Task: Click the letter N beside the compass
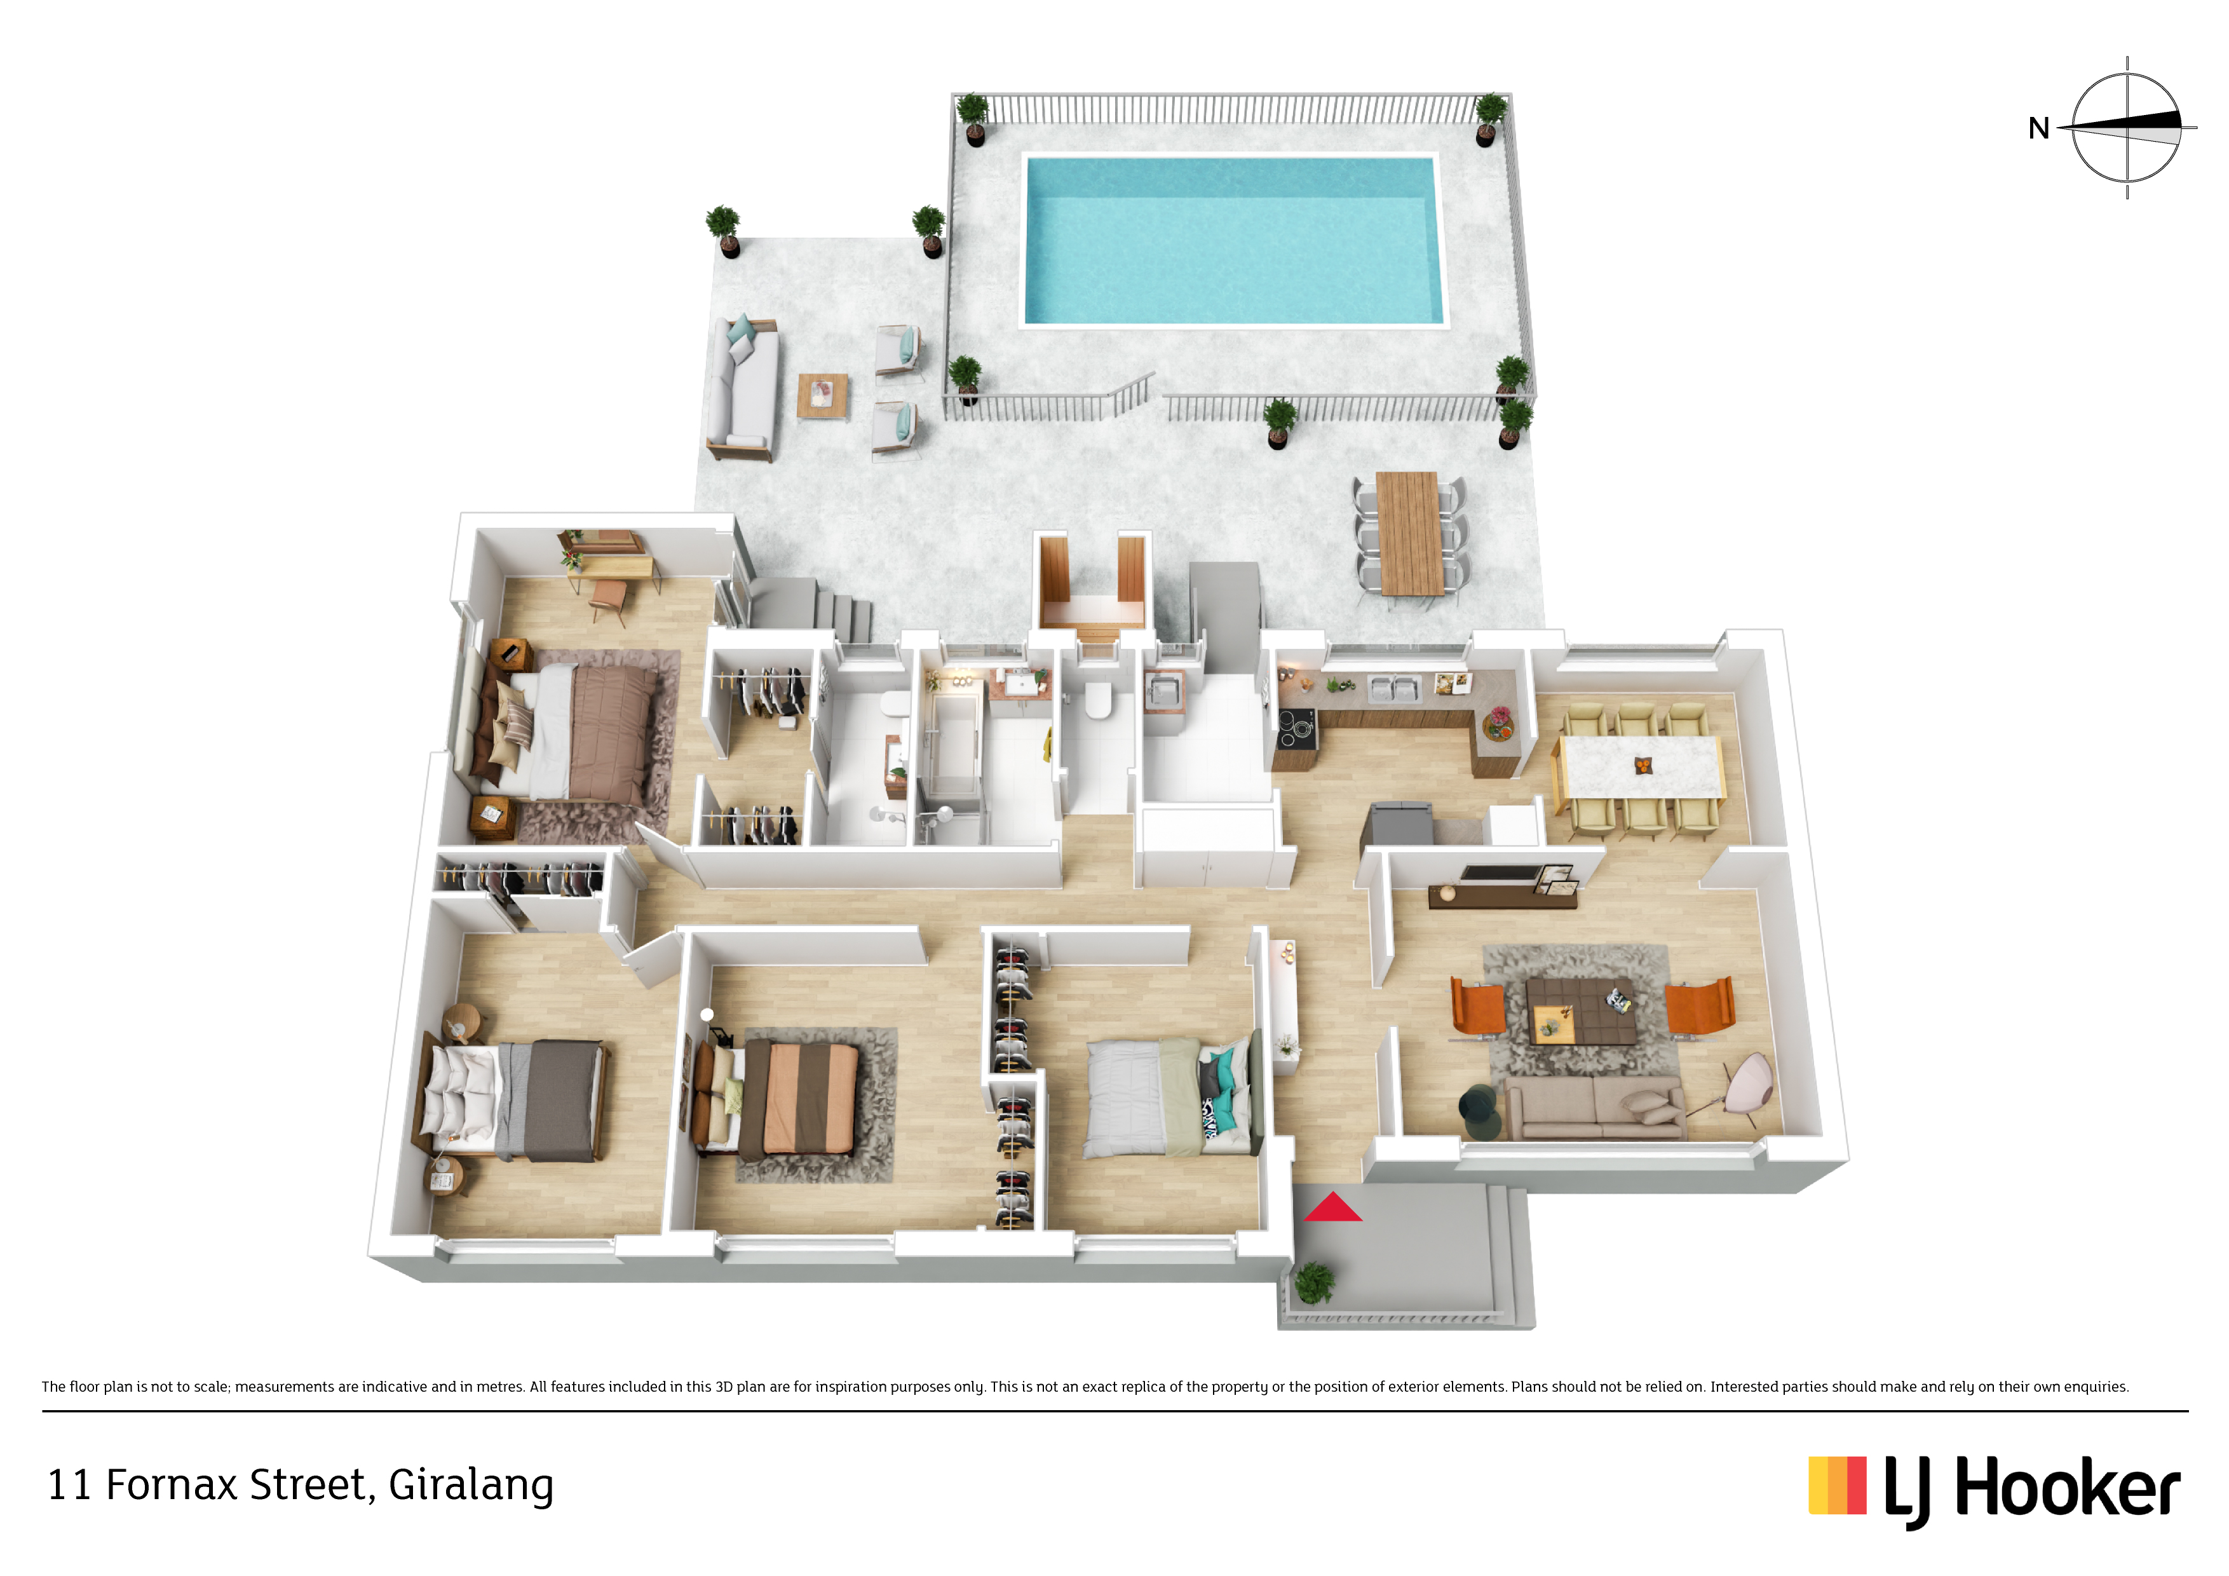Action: (x=2039, y=128)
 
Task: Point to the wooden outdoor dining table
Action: (x=1409, y=533)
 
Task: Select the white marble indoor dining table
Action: (x=1641, y=766)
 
